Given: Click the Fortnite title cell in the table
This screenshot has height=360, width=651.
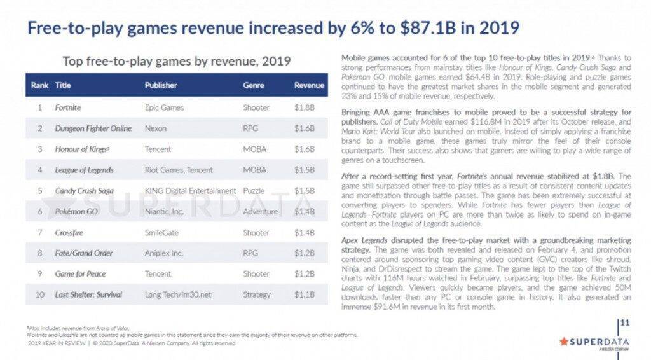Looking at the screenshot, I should coord(68,107).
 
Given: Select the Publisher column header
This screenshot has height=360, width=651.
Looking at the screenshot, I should coord(161,85).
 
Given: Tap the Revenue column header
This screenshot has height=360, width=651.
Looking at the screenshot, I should coord(309,85).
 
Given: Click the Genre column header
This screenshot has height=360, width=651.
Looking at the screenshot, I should coord(254,85).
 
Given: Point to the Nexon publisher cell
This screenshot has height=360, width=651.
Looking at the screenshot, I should coord(156,128).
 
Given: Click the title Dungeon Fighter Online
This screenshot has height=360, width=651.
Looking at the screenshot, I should coord(93,128).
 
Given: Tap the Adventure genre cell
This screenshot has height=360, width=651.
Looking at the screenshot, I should coord(261,212).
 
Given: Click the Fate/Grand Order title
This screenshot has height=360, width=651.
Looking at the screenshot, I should coord(84,253).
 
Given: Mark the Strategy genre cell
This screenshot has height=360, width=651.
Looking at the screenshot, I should coord(257,295).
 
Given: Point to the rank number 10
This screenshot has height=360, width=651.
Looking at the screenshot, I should coord(39,295).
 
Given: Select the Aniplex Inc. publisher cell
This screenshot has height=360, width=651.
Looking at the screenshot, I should coord(163,253).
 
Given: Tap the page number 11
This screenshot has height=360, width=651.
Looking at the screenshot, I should coord(624,324).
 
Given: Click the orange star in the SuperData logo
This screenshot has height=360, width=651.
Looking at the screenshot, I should coord(563,341).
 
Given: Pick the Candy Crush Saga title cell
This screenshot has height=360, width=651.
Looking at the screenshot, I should coord(85,191).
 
